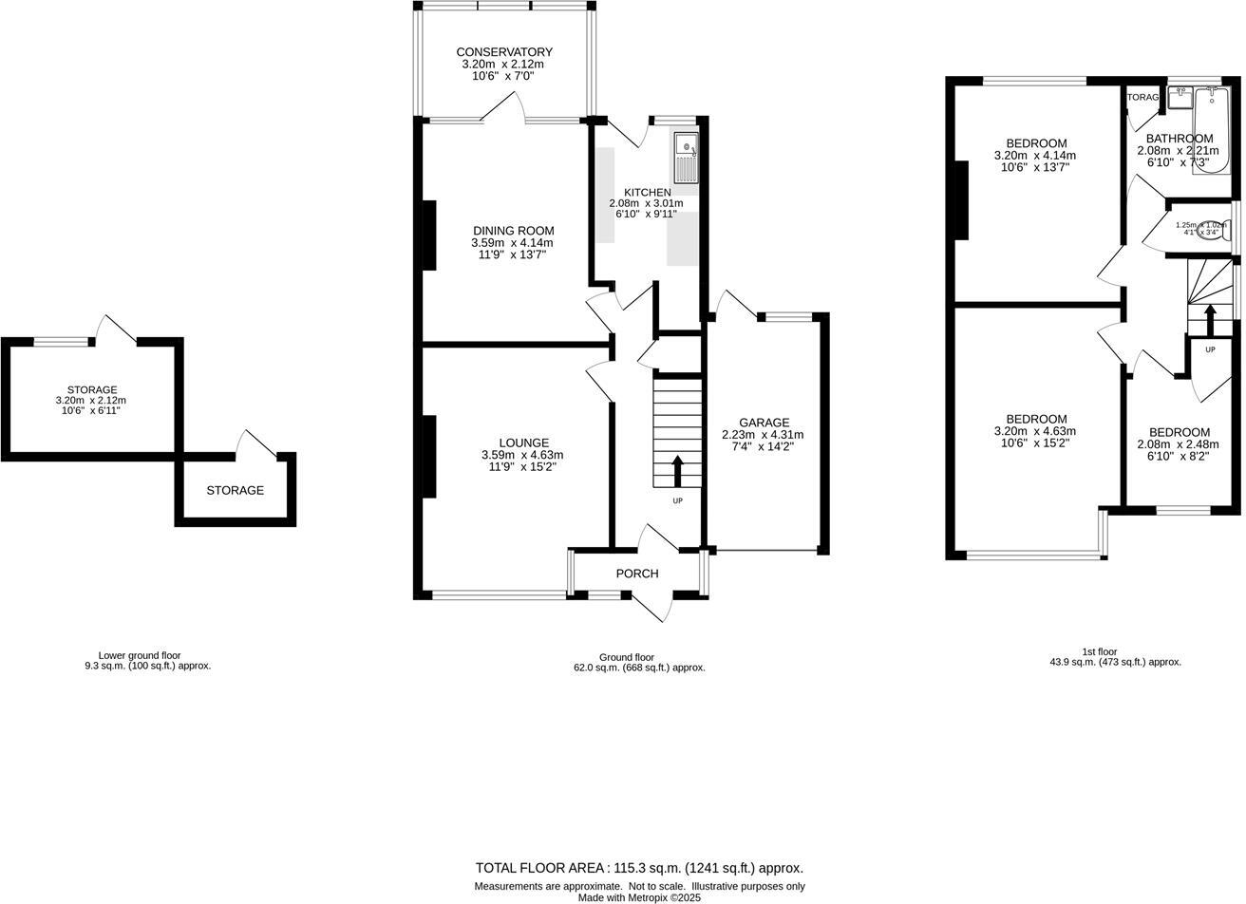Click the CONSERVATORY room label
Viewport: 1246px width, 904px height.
(503, 52)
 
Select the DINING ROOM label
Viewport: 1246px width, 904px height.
(513, 231)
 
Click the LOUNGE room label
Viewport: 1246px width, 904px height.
(523, 443)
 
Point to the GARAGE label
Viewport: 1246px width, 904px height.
(764, 423)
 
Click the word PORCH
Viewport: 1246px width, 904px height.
(636, 574)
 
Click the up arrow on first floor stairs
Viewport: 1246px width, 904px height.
(1210, 320)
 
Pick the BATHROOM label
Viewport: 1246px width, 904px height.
(1179, 139)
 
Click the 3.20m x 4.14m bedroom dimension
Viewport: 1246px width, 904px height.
(1034, 156)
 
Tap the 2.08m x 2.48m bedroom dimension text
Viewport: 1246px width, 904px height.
(1179, 444)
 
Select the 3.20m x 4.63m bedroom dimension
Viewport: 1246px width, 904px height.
(1034, 431)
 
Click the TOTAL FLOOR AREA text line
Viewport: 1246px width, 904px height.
(639, 868)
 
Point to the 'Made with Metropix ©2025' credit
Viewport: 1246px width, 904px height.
(639, 897)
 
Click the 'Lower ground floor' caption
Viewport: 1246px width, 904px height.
(139, 655)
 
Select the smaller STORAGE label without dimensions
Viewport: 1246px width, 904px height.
(235, 491)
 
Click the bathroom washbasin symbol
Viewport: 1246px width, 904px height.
(1180, 97)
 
